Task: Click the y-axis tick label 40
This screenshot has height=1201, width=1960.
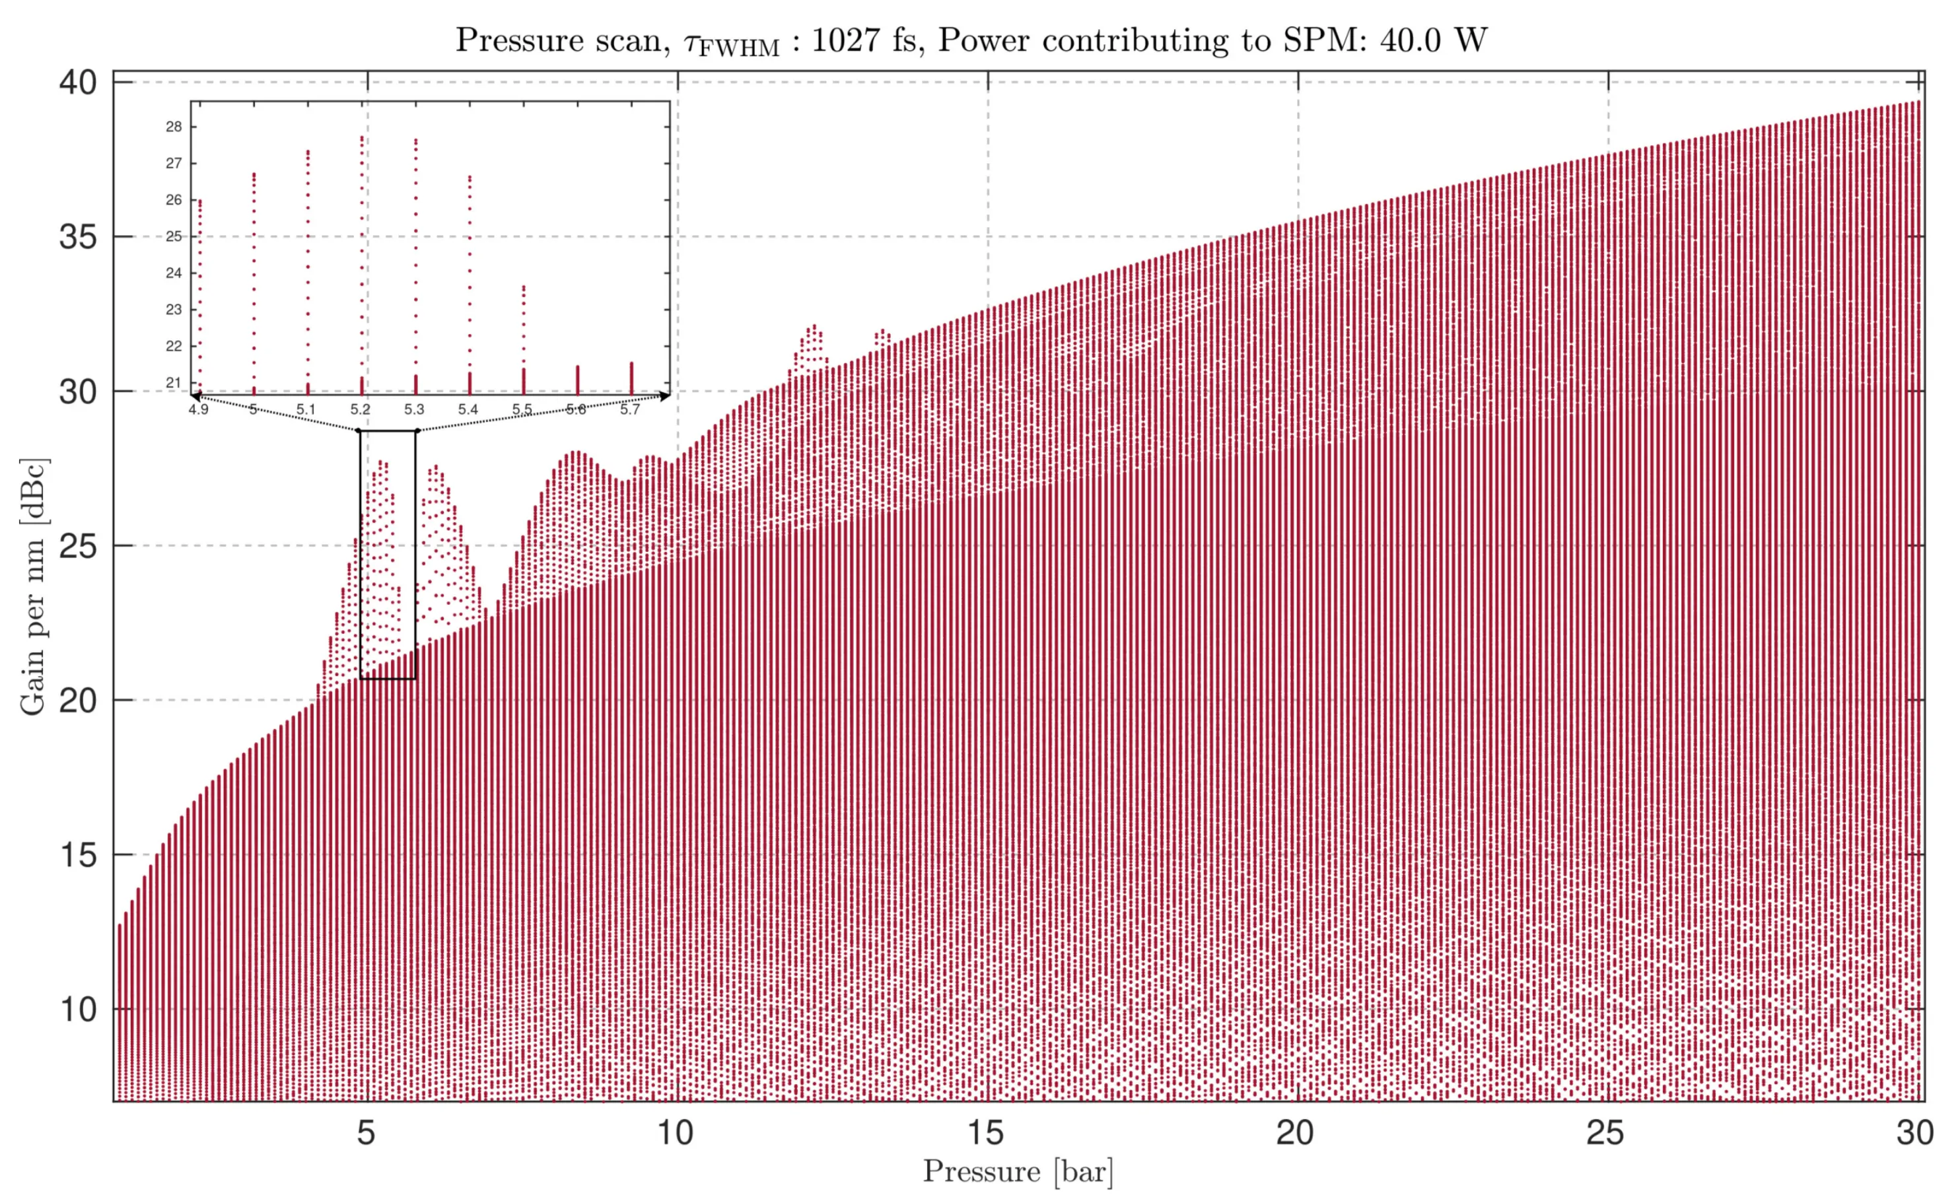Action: tap(78, 83)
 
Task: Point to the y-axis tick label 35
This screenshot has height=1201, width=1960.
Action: tap(78, 237)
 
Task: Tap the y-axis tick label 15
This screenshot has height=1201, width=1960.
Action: tap(78, 855)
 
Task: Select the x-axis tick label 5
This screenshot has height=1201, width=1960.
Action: tap(366, 1132)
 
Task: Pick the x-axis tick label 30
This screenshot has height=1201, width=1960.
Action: tap(1916, 1132)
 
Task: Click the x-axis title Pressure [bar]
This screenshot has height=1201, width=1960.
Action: tap(1018, 1171)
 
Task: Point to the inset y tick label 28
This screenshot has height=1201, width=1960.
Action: tap(174, 127)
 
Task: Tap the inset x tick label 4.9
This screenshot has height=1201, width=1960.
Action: tap(198, 409)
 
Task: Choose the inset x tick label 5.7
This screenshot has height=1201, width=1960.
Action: tap(630, 409)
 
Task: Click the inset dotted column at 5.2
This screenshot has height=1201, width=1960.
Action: tap(362, 263)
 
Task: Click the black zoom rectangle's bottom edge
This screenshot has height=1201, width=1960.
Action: tap(388, 679)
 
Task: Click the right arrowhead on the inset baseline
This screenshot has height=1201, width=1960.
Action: tap(665, 395)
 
